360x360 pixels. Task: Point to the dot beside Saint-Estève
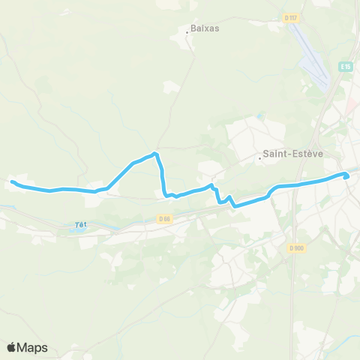tap(259, 157)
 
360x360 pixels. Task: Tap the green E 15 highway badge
tap(345, 66)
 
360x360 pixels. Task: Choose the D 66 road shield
tap(166, 218)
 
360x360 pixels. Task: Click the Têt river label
tap(81, 223)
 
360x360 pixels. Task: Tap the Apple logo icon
tap(12, 347)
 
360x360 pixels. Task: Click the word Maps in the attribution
tap(32, 347)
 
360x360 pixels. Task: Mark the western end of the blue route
tap(12, 181)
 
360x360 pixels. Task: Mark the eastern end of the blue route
tap(346, 175)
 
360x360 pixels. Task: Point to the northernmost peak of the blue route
tap(155, 154)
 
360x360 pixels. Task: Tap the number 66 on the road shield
tap(169, 218)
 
